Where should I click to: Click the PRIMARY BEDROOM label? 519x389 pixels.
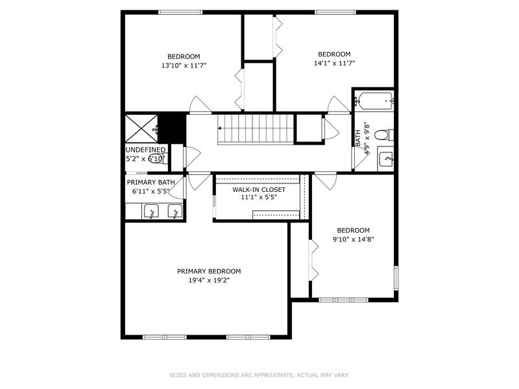point(209,271)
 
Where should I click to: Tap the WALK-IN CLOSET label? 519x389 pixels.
point(259,189)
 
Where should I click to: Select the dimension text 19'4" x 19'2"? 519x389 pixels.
point(209,280)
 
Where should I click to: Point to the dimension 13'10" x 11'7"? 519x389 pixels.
point(184,65)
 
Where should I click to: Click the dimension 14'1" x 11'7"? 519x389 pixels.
point(334,63)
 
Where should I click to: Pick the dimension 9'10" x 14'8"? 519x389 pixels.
point(353,239)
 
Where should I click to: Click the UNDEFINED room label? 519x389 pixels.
point(145,150)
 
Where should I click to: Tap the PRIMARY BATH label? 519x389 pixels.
point(151,183)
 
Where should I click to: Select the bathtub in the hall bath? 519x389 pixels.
point(375,101)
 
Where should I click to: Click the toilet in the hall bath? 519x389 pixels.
point(382,135)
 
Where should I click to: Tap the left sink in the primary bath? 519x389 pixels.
point(151,211)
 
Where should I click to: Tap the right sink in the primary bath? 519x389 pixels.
point(175,211)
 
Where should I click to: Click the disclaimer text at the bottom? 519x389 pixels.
point(259,375)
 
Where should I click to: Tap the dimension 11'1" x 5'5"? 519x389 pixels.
point(259,197)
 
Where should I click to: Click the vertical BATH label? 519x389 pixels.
point(357,138)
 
